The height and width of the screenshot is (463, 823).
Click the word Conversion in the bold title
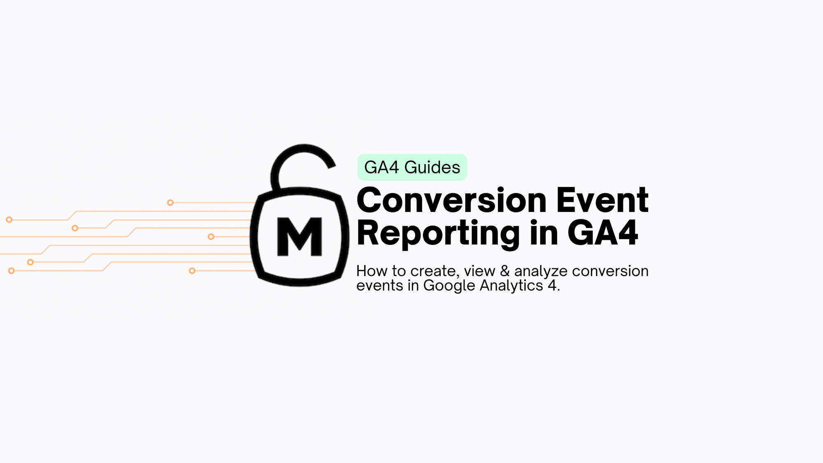point(451,200)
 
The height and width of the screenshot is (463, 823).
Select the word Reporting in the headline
point(438,233)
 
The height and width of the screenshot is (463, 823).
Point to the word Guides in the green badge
point(432,168)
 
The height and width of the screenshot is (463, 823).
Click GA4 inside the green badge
point(381,168)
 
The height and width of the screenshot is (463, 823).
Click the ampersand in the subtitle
point(504,271)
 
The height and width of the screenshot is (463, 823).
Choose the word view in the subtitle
point(479,271)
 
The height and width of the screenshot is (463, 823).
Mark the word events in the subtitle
point(379,286)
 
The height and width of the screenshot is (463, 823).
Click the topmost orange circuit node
point(170,202)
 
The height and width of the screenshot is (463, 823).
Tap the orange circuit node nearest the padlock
point(211,237)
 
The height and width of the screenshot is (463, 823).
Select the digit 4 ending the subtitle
point(552,286)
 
